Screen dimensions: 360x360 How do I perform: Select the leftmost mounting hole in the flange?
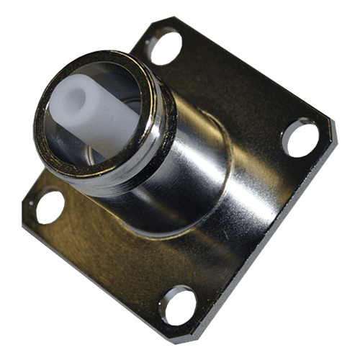(x=49, y=206)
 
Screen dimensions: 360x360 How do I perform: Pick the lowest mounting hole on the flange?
(x=178, y=304)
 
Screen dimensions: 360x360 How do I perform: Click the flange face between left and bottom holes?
(x=108, y=252)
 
